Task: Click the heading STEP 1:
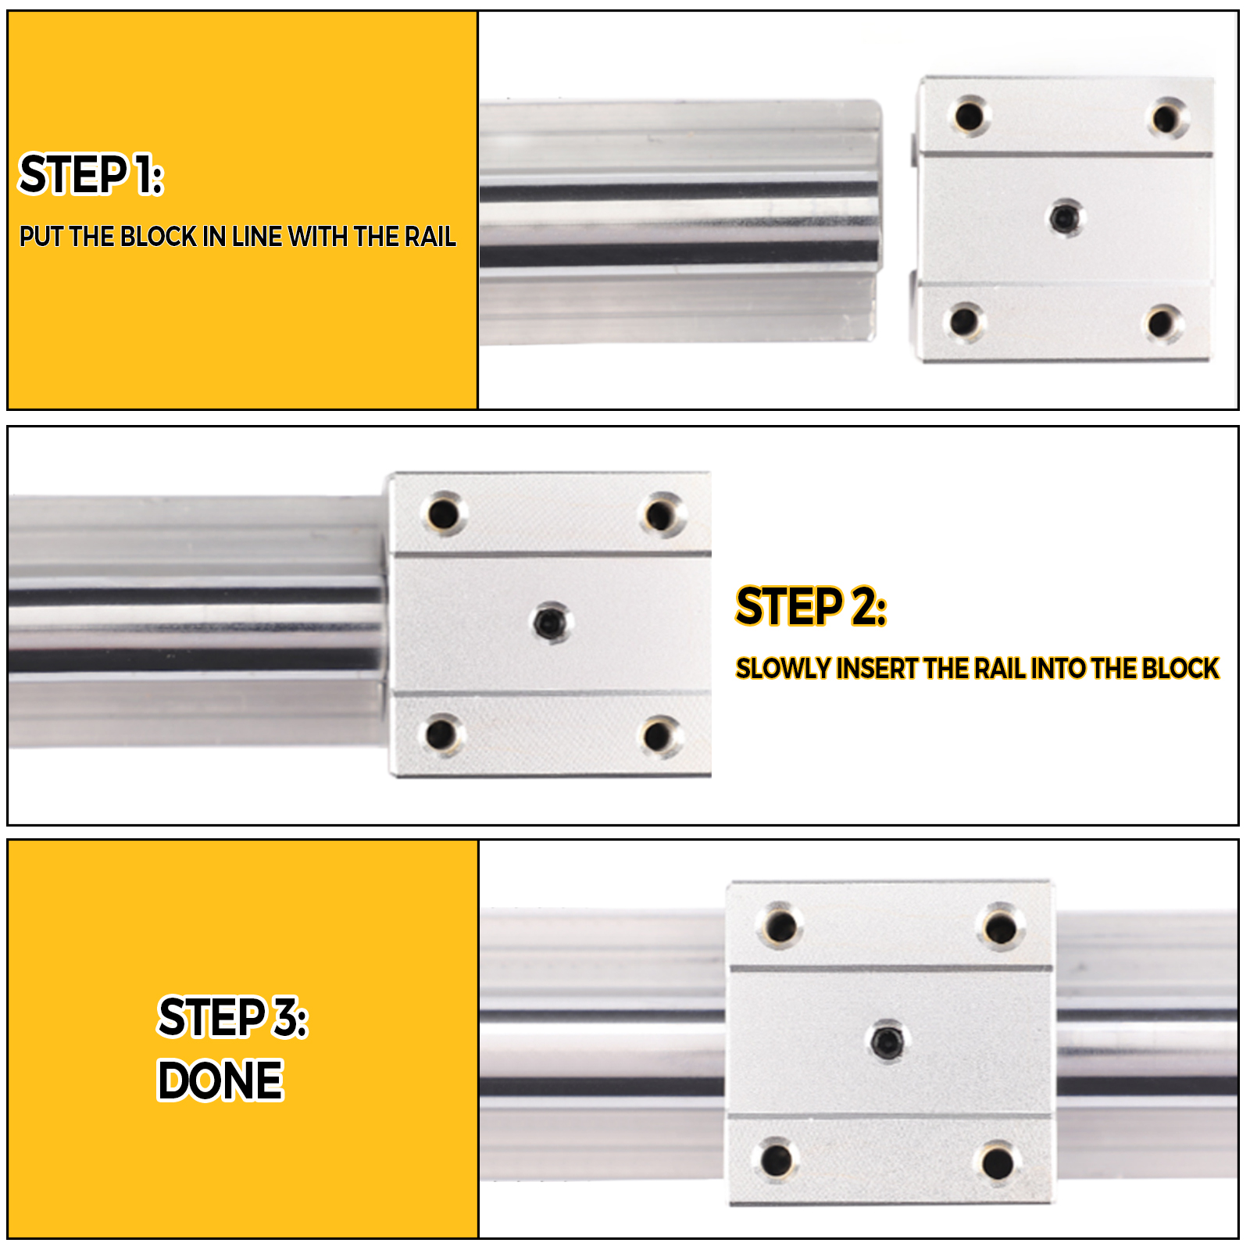91,174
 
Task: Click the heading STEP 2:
811,607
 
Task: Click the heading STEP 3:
233,1018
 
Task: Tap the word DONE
220,1080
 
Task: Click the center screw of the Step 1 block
1064,217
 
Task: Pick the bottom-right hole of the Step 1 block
1162,323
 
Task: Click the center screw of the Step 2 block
552,623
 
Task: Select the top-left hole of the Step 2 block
444,514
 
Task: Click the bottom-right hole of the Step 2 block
659,735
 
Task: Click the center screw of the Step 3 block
887,1041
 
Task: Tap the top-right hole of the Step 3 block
999,928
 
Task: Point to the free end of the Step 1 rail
871,223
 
